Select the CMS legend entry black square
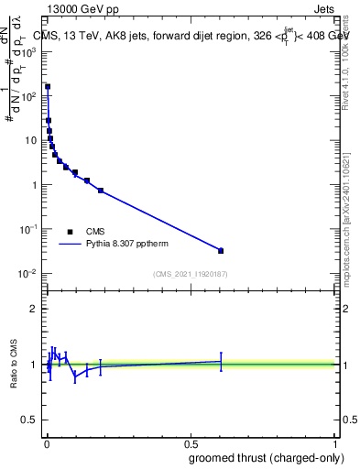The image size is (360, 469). [x=70, y=232]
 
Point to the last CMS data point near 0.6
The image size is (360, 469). [x=221, y=250]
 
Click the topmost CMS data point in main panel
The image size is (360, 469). [x=48, y=87]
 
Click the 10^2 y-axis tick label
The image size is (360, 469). [x=29, y=95]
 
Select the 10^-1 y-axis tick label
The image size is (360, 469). [x=27, y=229]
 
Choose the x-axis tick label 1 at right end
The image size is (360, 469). [x=335, y=443]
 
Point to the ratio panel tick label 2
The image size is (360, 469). [x=34, y=309]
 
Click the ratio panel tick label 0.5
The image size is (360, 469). [x=29, y=421]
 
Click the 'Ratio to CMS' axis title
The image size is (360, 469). [x=13, y=364]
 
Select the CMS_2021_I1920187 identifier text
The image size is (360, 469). [x=190, y=275]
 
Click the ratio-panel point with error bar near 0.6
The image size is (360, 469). [x=221, y=361]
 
